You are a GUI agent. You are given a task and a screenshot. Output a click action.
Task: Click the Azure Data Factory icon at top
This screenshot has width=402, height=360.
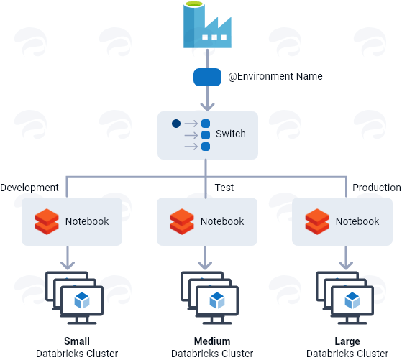click(x=207, y=24)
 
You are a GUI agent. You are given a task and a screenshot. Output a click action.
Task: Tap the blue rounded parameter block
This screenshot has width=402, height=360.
click(x=207, y=77)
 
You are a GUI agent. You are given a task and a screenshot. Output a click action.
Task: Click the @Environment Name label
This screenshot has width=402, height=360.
click(x=275, y=76)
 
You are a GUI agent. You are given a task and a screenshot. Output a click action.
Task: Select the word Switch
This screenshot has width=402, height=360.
click(x=230, y=134)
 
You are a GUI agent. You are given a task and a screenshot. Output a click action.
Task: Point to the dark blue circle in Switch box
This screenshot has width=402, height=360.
click(x=176, y=124)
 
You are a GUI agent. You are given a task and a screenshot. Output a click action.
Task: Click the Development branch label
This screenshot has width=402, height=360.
click(x=29, y=188)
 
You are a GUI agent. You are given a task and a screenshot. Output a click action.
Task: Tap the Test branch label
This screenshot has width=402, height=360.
click(x=224, y=188)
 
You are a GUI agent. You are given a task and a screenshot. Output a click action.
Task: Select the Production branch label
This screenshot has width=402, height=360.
click(x=376, y=188)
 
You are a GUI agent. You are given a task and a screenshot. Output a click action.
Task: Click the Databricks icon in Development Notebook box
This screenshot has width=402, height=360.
click(x=47, y=221)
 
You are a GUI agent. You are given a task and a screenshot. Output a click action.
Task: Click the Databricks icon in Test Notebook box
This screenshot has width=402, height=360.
click(x=182, y=221)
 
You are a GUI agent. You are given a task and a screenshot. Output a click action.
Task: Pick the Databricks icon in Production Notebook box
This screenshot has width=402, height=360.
click(x=317, y=221)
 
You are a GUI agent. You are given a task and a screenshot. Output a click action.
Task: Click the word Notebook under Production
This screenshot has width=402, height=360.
click(x=357, y=221)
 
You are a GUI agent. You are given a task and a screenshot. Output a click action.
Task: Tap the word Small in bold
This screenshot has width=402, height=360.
click(x=77, y=341)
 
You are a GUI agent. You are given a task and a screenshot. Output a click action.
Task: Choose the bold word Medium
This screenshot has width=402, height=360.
click(x=212, y=341)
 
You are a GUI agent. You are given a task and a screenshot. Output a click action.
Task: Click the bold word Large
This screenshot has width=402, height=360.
click(x=347, y=341)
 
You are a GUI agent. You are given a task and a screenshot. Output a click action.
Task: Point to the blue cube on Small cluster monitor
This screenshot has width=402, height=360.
click(x=82, y=300)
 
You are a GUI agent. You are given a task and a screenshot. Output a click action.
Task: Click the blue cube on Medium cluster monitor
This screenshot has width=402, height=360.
click(x=217, y=300)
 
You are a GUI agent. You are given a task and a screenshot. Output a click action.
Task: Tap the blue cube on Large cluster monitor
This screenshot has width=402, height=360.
click(x=352, y=300)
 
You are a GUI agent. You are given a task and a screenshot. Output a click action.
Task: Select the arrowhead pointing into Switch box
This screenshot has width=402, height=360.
click(x=207, y=106)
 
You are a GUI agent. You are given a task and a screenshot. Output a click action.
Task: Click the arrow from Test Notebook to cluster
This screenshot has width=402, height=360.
click(x=205, y=258)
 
